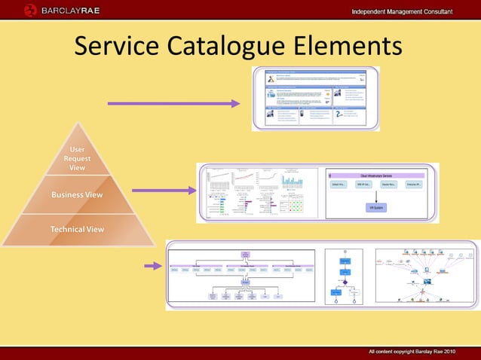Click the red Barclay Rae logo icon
point(29,10)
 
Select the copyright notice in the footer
point(411,352)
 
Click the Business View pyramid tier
point(77,195)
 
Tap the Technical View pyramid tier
point(77,229)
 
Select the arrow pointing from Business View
point(164,191)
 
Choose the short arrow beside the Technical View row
point(153,265)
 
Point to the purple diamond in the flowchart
point(345,281)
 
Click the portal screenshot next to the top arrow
point(315,99)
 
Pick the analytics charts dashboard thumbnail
point(258,193)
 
